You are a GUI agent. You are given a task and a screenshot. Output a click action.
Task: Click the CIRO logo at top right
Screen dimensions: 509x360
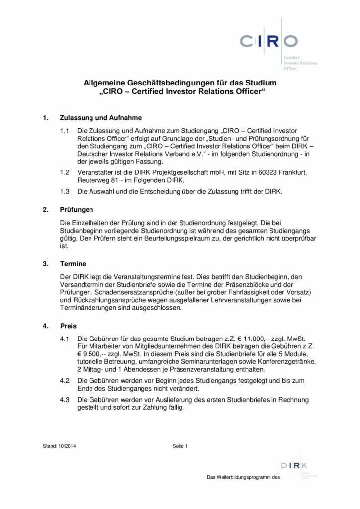pos(269,41)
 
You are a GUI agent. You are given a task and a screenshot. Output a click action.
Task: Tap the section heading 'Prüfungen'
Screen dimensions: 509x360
pos(76,210)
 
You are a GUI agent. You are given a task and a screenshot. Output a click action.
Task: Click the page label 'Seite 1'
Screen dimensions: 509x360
pos(180,446)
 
